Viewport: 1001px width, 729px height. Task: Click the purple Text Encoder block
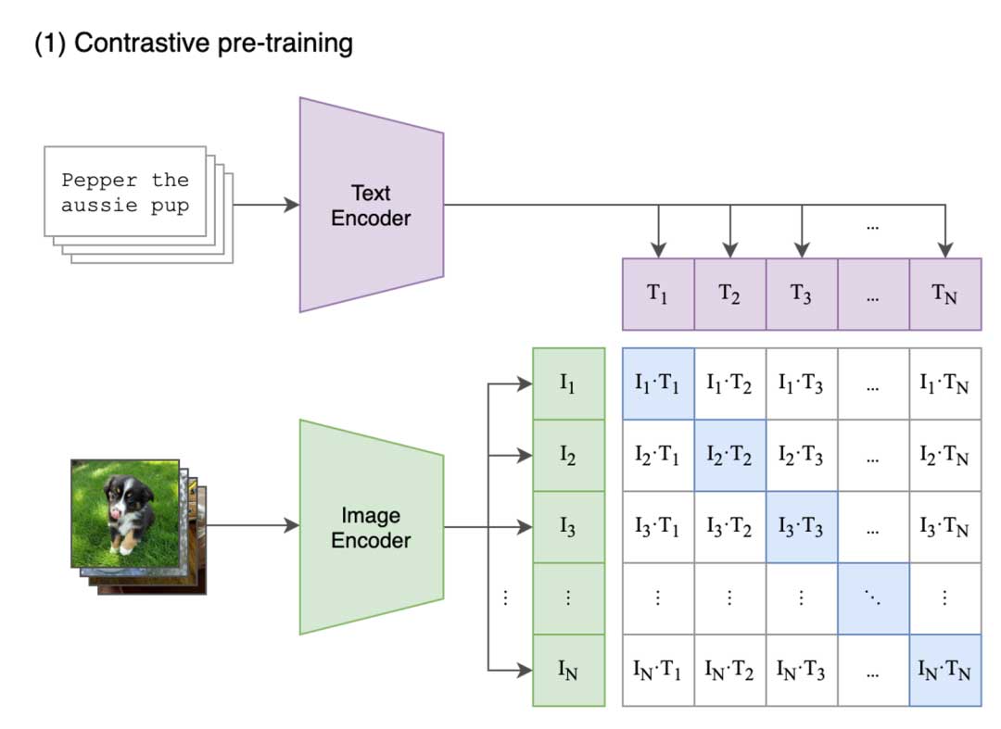(x=371, y=206)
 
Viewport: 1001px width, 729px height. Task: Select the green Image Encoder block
(x=371, y=527)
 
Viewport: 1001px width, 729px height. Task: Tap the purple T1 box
(x=658, y=295)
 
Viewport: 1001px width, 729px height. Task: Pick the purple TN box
(x=944, y=295)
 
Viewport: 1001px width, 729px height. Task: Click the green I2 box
(x=569, y=456)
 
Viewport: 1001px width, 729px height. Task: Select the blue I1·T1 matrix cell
(x=658, y=383)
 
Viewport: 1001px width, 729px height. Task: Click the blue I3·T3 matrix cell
(x=802, y=527)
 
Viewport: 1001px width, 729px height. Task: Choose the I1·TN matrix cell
(x=944, y=383)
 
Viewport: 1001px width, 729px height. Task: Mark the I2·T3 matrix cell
(x=802, y=456)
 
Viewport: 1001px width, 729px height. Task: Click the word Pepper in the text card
(x=97, y=180)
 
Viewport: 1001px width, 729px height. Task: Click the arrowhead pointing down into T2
(x=730, y=249)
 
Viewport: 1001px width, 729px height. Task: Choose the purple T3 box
(x=802, y=295)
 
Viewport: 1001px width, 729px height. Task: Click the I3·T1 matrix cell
(x=658, y=527)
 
